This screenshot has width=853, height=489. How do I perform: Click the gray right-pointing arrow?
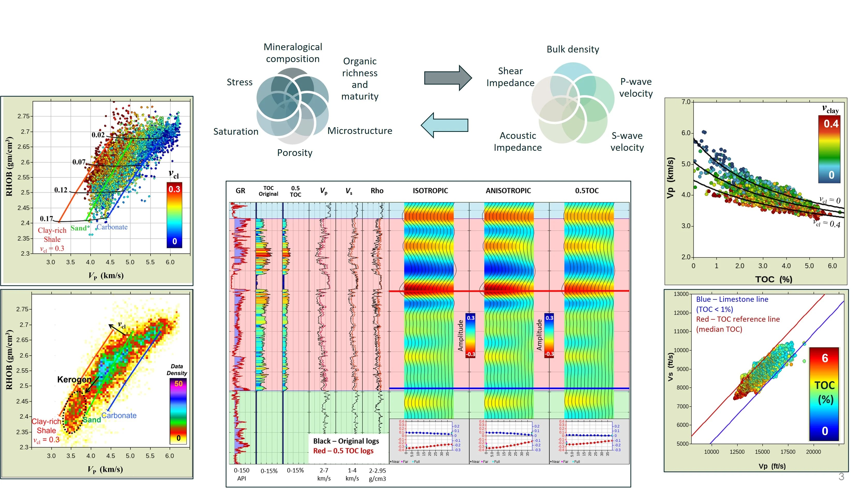[447, 78]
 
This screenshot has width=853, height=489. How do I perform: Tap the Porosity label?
[295, 153]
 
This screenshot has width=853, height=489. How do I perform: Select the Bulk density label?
[572, 49]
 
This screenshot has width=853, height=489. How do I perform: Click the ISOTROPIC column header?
[430, 191]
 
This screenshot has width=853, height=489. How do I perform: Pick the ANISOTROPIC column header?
[508, 191]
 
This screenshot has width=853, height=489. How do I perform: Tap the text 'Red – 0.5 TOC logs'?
[343, 451]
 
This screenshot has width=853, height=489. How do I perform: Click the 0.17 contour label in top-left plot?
[46, 219]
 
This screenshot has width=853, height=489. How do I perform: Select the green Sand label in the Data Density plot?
[92, 419]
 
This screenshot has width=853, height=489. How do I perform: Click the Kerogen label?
[74, 380]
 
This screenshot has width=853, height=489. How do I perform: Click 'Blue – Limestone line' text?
[732, 299]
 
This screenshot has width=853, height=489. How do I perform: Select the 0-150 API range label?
[242, 474]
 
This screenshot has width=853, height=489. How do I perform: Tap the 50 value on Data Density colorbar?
[178, 383]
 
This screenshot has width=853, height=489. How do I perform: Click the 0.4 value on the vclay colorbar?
[830, 124]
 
